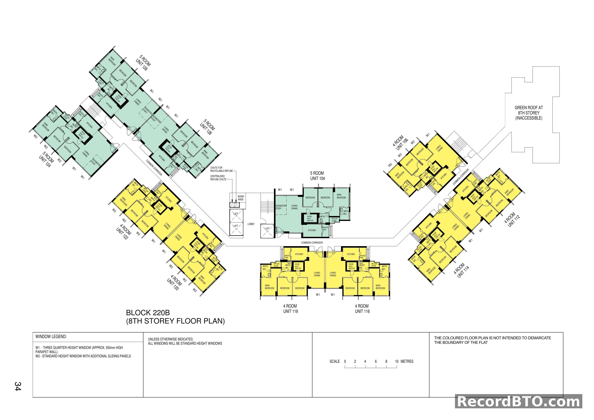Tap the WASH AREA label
[x=241, y=198]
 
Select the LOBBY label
[x=251, y=224]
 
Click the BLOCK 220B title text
[x=148, y=313]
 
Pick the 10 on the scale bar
[x=397, y=362]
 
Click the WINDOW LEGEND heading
[x=51, y=337]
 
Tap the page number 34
[x=18, y=386]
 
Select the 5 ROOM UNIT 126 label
[x=143, y=63]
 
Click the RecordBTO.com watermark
[x=518, y=402]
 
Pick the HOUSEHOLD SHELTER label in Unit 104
[x=310, y=219]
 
